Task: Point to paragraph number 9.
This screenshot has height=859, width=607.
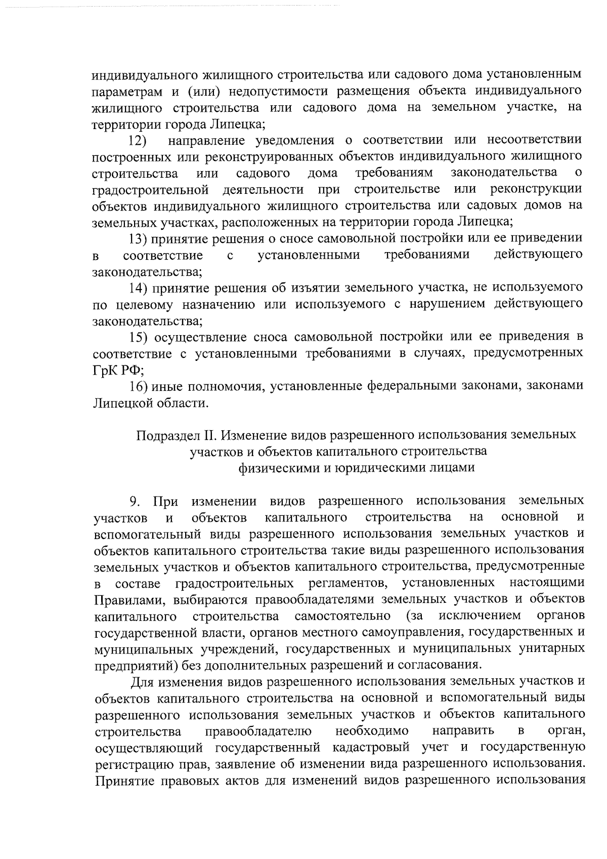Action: click(x=135, y=501)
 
